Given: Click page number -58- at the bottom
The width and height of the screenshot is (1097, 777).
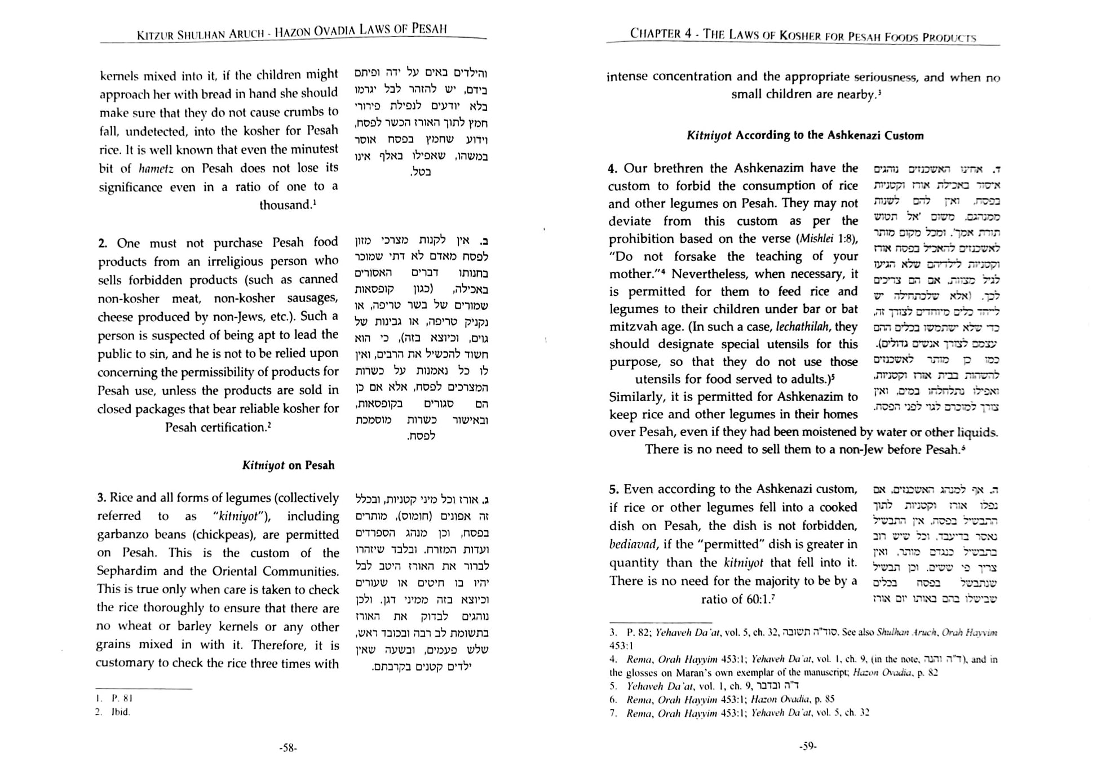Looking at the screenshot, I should click(288, 748).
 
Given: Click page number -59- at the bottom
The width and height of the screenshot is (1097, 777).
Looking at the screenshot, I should click(807, 746).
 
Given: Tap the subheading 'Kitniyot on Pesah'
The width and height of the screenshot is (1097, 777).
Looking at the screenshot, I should click(288, 465).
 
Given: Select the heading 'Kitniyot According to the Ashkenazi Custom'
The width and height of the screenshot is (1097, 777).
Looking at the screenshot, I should click(805, 135).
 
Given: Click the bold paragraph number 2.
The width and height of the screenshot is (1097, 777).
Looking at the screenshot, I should click(102, 243).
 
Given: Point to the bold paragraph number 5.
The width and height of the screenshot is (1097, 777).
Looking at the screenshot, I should click(613, 489).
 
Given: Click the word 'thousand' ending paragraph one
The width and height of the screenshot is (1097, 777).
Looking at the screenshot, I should click(285, 205).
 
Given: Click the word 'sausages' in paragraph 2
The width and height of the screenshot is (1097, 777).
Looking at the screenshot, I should click(311, 298).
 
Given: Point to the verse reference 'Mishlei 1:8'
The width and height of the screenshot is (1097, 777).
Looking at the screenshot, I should click(826, 239).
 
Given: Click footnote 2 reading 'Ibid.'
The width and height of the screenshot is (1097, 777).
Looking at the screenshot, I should click(120, 712).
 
